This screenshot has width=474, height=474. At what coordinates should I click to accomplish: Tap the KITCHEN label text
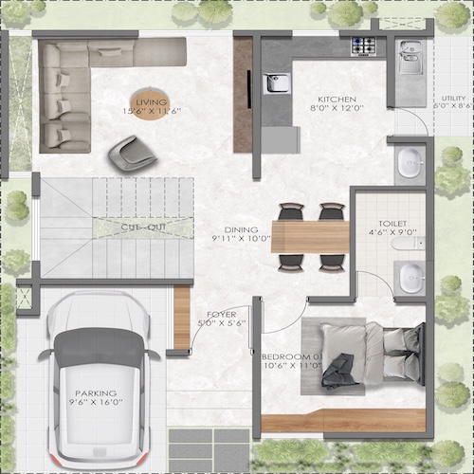(x=336, y=99)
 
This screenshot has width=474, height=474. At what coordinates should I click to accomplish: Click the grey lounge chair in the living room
(x=127, y=152)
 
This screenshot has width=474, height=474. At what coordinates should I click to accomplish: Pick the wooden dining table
(x=310, y=236)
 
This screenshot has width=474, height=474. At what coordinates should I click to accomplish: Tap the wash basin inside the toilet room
(x=411, y=278)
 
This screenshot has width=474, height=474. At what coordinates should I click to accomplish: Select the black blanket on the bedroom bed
(x=337, y=370)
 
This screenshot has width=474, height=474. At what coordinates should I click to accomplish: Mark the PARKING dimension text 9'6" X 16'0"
(x=97, y=403)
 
